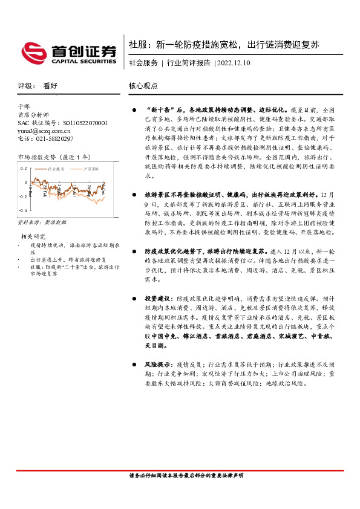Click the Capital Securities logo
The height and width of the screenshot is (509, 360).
pos(68,52)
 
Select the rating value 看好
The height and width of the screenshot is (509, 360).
pos(50,86)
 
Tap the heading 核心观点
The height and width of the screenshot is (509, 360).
pos(143,86)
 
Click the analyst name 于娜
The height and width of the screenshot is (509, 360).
pos(24,106)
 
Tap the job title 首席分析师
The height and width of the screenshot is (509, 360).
pos(32,115)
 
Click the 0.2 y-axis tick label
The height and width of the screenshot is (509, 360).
pos(24,168)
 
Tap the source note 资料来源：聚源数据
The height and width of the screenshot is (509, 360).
pos(38,222)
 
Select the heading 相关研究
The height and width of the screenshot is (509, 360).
pos(33,236)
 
